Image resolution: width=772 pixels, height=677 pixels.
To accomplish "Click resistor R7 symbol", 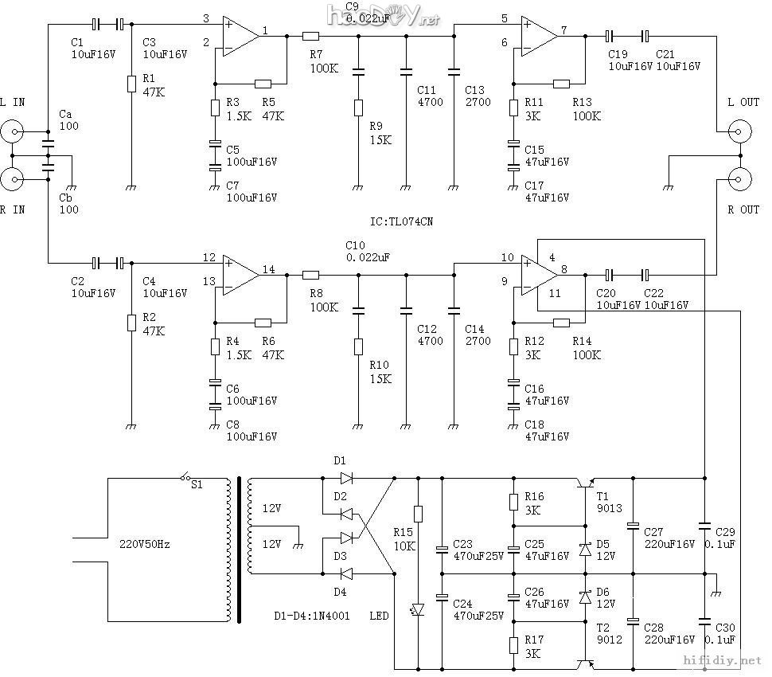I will (x=310, y=36).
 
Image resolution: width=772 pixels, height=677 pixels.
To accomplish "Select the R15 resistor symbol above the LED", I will (x=418, y=514).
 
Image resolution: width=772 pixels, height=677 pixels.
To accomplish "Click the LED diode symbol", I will (x=418, y=609).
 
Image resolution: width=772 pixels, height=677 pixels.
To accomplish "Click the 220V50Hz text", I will (x=144, y=545).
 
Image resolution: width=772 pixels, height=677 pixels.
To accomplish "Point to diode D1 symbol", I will (x=345, y=479).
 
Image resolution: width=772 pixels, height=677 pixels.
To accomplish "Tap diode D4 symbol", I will (x=345, y=573).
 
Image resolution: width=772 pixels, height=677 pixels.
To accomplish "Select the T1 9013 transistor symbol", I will (x=587, y=483).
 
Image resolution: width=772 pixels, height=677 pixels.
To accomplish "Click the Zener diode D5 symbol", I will (x=586, y=550).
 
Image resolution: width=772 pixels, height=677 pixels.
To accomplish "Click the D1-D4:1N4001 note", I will (x=315, y=616).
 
